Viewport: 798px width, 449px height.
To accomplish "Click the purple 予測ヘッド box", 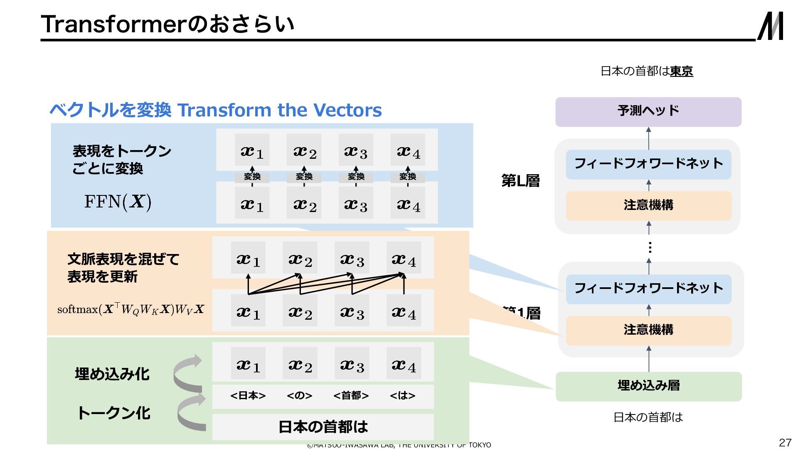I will coord(648,112).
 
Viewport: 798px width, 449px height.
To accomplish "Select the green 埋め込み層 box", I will coord(648,386).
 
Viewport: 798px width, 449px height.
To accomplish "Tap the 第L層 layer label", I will coord(520,181).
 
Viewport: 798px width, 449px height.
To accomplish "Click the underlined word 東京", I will coord(681,72).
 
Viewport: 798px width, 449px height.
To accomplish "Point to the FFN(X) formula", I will coord(118,202).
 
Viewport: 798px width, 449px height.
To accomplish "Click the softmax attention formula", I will coord(131,309).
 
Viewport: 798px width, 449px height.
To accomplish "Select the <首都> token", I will coord(351,395).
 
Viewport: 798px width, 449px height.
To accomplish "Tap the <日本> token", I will coord(248,395).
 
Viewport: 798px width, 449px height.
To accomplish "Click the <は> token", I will coord(402,395).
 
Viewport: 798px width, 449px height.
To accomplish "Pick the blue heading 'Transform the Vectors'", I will coord(279,110).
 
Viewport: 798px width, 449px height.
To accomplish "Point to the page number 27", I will coord(785,442).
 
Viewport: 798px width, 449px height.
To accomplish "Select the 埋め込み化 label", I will coord(112,374).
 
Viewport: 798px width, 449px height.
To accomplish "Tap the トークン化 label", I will coord(113,413).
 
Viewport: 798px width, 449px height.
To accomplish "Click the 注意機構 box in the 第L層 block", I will coord(648,205).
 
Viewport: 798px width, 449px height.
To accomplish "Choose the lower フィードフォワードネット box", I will coord(648,289).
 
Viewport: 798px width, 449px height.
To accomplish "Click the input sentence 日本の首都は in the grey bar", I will coord(323,427).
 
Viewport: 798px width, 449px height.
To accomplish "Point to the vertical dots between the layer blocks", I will coord(650,248).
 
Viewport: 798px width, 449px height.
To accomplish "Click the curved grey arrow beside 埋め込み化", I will coord(188,373).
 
